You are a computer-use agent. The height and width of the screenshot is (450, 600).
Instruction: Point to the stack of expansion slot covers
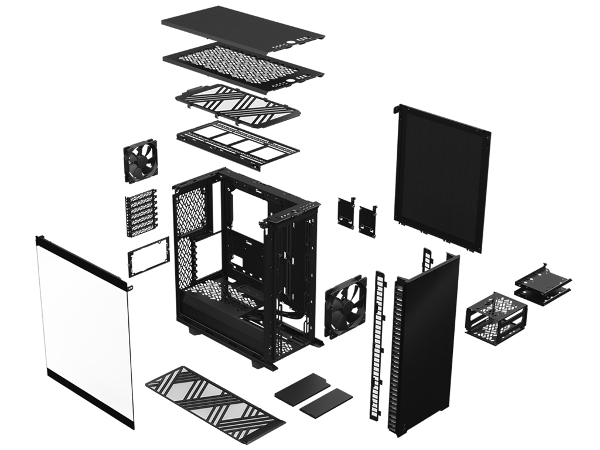141,212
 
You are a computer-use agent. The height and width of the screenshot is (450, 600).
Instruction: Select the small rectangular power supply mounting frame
148,257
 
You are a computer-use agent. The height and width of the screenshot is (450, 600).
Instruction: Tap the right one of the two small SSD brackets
368,221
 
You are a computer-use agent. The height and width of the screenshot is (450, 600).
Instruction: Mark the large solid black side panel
442,176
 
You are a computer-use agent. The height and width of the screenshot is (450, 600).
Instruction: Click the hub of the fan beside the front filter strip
345,306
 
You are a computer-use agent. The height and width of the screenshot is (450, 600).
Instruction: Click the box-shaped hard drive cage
496,317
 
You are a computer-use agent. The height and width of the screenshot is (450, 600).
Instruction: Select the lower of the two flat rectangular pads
326,403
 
